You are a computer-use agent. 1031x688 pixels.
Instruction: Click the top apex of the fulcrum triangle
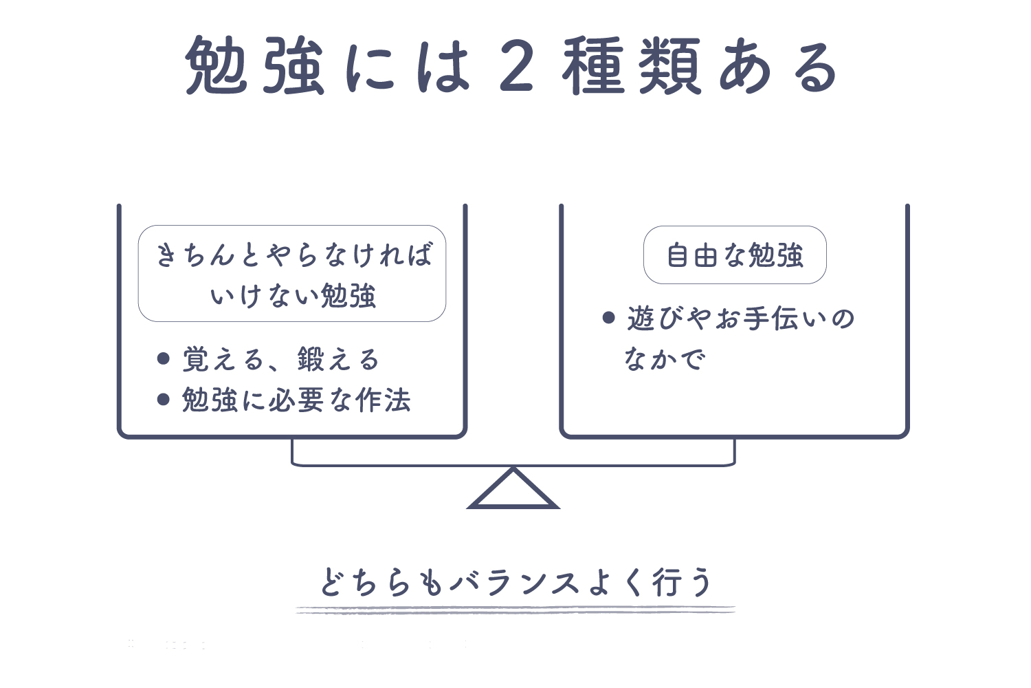(x=513, y=469)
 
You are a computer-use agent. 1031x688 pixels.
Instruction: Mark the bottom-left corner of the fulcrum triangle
(x=467, y=508)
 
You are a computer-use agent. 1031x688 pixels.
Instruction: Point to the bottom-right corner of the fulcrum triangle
(x=559, y=508)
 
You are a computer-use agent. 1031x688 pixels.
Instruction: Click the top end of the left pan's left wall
(x=119, y=206)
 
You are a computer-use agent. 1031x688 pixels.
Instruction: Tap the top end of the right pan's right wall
(x=907, y=206)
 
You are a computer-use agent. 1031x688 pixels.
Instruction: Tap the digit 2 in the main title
(x=516, y=65)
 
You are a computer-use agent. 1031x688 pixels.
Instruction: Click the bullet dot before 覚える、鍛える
(x=164, y=358)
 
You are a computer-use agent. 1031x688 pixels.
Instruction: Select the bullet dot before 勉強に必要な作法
(x=164, y=399)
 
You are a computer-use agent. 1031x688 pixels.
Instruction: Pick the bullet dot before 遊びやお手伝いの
(x=608, y=317)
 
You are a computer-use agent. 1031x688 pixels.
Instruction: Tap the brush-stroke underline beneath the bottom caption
(x=515, y=610)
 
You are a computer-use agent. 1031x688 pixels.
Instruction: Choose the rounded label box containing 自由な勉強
(x=735, y=255)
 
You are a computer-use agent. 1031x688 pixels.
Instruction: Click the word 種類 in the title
(x=631, y=65)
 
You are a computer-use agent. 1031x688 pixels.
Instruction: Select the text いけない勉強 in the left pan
(x=293, y=295)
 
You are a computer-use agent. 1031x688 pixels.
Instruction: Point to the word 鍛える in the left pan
(x=338, y=359)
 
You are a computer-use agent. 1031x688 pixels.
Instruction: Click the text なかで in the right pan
(x=665, y=358)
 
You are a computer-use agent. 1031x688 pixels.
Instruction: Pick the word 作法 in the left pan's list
(x=383, y=400)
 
